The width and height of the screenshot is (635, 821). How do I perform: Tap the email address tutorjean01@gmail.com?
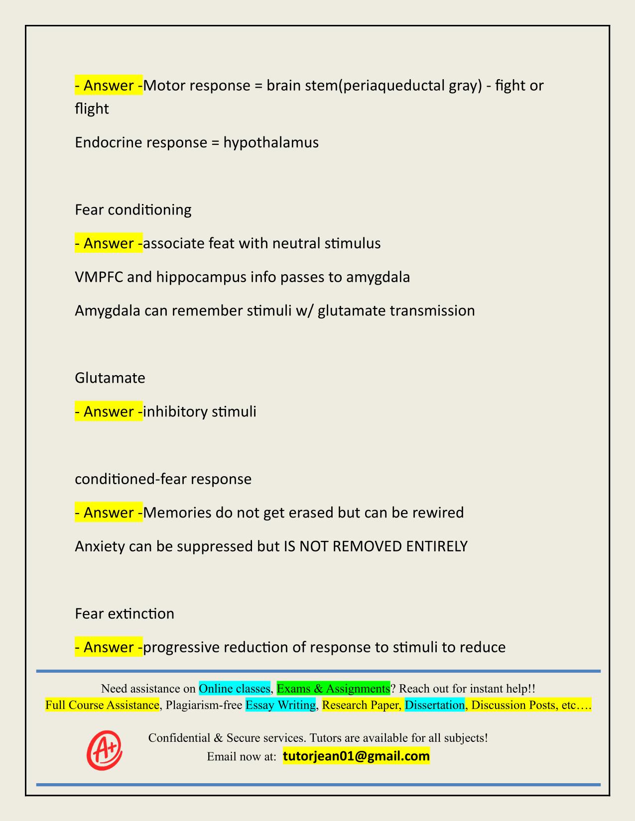356,756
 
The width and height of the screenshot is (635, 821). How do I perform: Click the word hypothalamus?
271,143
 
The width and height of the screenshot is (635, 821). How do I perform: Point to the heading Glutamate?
110,378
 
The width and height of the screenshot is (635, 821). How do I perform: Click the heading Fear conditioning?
133,210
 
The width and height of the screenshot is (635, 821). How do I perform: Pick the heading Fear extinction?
125,614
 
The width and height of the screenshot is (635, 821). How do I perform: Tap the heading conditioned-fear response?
163,479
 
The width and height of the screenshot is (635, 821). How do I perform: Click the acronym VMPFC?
99,277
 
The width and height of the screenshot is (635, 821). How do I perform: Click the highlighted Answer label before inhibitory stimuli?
109,411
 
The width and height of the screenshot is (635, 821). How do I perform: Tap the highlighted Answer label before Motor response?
109,86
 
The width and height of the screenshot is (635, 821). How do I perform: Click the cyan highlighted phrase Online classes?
235,688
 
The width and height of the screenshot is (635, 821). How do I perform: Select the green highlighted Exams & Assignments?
333,688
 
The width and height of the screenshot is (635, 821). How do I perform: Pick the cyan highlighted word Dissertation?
434,705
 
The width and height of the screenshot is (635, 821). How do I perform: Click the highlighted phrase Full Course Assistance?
102,705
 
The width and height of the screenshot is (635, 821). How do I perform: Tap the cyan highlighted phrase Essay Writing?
281,705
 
